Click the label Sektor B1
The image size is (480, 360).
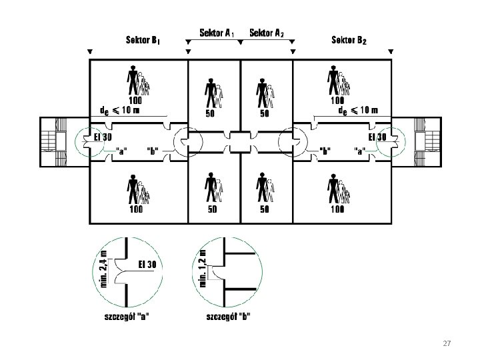[142, 39]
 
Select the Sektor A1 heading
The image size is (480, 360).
[216, 32]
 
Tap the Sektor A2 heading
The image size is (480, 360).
[266, 32]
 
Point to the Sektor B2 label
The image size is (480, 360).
[349, 39]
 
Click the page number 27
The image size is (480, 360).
[447, 343]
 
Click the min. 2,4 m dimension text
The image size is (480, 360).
[103, 265]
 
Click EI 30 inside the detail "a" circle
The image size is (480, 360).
[147, 265]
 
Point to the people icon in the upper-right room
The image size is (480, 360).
[337, 81]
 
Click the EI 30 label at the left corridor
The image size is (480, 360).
[101, 137]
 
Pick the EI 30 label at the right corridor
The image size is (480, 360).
[377, 137]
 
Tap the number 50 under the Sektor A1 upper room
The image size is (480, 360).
[209, 113]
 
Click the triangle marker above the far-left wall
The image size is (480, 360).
[90, 51]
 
